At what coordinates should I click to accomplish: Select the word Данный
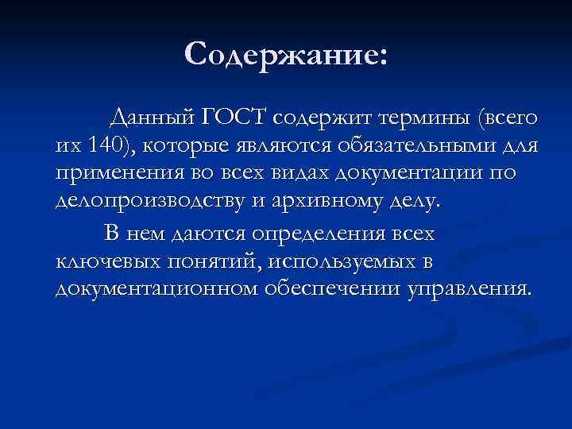(151, 118)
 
